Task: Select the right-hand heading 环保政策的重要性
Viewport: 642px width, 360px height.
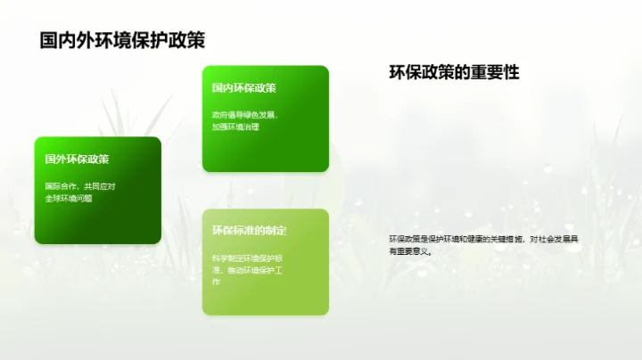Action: (454, 72)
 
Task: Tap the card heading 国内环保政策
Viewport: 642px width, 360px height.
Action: (243, 88)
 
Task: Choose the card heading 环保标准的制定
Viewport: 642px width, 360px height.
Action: (249, 231)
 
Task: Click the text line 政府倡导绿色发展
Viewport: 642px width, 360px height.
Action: (245, 115)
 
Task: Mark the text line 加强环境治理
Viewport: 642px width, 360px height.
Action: (235, 127)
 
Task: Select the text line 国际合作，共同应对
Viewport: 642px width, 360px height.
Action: (81, 186)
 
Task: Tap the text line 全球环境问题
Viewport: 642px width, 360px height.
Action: (69, 198)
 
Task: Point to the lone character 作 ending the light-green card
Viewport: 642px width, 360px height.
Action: (216, 282)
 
